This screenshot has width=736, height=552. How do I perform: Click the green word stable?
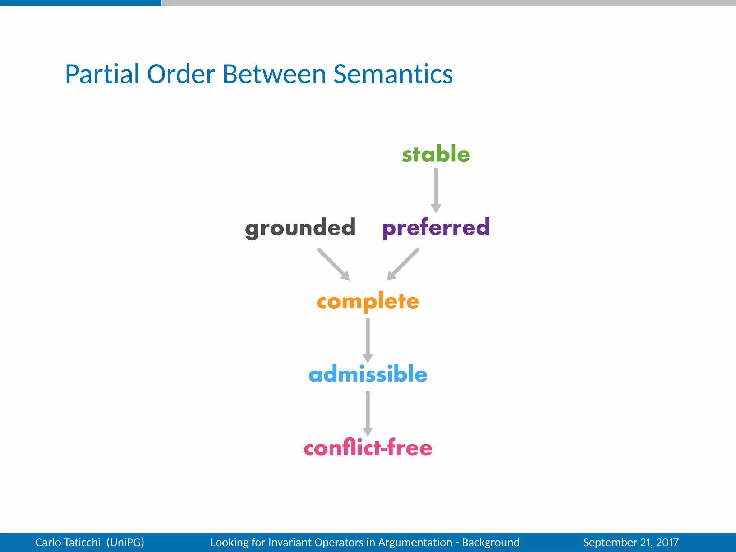point(436,154)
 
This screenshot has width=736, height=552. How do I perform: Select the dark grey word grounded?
point(300,228)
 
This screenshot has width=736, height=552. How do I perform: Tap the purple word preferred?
point(436,227)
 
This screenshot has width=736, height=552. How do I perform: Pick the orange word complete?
point(368,301)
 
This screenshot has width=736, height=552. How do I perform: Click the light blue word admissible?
point(368,374)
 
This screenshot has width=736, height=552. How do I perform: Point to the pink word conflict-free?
point(368,448)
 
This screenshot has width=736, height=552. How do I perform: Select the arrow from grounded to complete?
point(333,264)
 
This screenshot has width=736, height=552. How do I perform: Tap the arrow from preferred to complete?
point(403,264)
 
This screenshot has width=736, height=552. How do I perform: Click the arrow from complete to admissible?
point(368,340)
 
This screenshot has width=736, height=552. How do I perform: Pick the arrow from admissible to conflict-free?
point(368,413)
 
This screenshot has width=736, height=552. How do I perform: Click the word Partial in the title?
point(102,74)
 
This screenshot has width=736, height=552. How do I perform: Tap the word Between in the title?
point(274,74)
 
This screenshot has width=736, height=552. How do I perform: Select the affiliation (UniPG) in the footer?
point(125,542)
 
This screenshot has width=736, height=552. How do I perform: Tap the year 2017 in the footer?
point(667,542)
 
